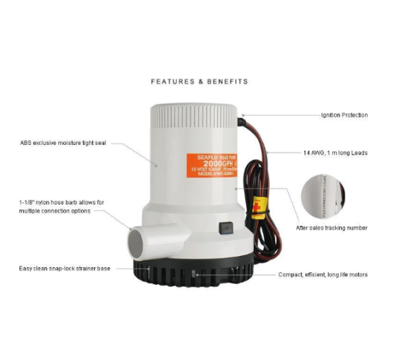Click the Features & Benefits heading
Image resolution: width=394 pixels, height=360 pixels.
(x=199, y=82)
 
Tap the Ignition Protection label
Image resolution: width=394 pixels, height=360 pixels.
(x=344, y=115)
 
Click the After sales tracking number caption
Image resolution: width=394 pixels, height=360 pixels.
(x=332, y=228)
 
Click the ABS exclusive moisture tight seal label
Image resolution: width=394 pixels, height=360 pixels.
(x=63, y=143)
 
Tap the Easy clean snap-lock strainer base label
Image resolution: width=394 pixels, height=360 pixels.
(x=63, y=269)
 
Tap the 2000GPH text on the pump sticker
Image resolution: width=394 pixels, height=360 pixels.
(x=205, y=165)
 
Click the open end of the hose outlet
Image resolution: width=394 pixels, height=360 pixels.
(x=136, y=247)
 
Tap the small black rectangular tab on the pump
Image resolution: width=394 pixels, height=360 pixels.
(x=225, y=228)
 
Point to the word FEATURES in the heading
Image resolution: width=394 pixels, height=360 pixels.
(x=172, y=82)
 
